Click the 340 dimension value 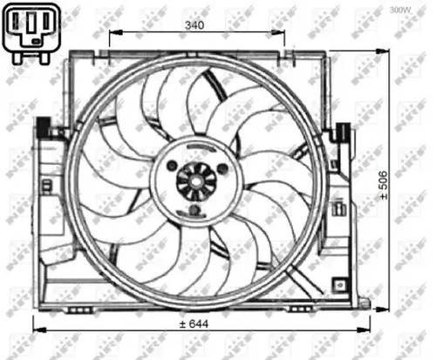point(194,26)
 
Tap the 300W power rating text point(400,10)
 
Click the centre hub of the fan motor point(195,180)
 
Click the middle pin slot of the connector point(31,25)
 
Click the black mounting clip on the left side point(40,131)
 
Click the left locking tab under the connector point(20,55)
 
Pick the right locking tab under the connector point(43,55)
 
